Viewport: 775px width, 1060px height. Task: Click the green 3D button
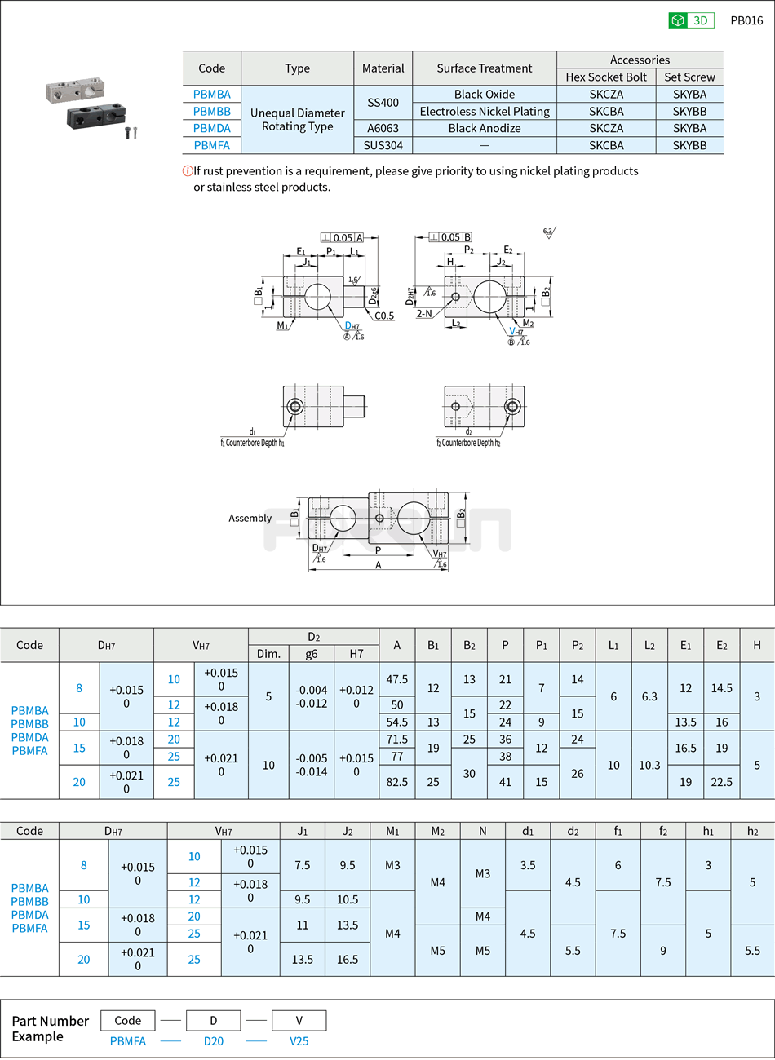tap(691, 20)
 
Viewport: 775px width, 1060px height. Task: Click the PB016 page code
tap(746, 20)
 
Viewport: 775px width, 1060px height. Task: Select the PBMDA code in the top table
tap(212, 128)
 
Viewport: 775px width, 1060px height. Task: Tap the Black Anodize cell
tap(485, 128)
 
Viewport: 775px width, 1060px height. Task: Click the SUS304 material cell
tap(383, 145)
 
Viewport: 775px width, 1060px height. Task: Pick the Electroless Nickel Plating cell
tap(485, 111)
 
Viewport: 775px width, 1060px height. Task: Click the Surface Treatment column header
tap(485, 68)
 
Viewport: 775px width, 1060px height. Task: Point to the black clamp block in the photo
tap(95, 116)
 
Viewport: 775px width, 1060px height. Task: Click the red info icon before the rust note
tap(188, 170)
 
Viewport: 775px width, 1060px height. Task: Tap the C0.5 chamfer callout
tap(384, 316)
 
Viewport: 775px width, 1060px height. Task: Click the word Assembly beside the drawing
tap(250, 518)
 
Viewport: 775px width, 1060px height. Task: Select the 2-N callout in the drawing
tap(424, 313)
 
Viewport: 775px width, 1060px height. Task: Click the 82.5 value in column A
tap(397, 782)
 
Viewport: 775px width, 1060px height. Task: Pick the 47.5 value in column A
tap(397, 679)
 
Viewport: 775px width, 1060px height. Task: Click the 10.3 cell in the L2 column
tap(649, 765)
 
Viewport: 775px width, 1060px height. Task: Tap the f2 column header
tap(663, 831)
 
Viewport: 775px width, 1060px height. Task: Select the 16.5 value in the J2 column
tap(348, 960)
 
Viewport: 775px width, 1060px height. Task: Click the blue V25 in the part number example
tap(299, 1041)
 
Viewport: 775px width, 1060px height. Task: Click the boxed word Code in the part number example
tap(128, 1021)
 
